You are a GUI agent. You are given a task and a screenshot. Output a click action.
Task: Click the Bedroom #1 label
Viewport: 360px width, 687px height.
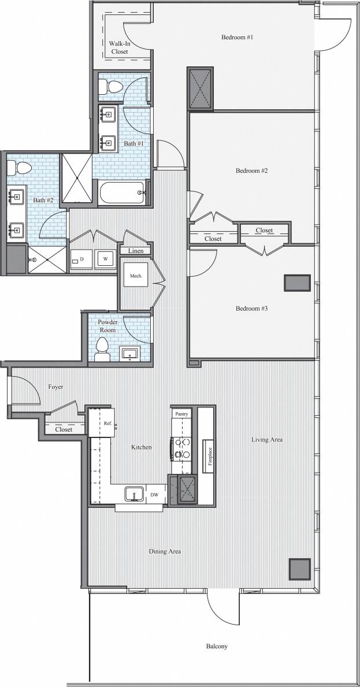tap(237, 38)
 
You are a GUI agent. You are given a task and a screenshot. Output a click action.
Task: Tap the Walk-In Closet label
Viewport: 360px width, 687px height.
tap(119, 47)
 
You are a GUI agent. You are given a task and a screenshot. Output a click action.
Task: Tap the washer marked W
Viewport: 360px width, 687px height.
tap(105, 259)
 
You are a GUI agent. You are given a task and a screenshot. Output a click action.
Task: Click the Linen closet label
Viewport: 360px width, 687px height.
tap(136, 251)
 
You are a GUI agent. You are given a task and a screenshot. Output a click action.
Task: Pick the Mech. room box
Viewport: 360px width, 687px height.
tap(136, 277)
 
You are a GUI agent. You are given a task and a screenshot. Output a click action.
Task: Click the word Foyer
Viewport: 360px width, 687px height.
tap(55, 387)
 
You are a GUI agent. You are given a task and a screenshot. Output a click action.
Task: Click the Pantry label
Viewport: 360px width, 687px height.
tap(181, 414)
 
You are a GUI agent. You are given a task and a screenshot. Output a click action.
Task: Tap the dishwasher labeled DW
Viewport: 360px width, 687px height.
tap(154, 495)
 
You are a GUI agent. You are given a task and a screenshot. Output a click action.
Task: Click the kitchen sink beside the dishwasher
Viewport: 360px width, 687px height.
tap(134, 494)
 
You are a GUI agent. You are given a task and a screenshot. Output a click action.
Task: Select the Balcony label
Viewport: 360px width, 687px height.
tap(217, 647)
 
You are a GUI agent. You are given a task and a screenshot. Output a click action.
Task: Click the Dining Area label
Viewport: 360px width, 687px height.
tap(165, 551)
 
